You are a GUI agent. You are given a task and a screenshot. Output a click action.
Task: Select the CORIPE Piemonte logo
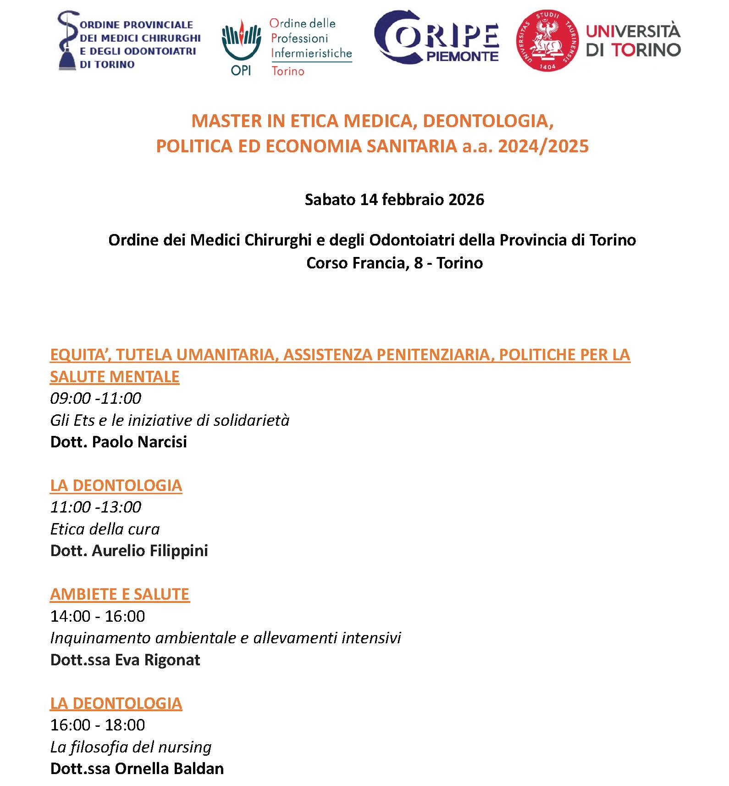(436, 37)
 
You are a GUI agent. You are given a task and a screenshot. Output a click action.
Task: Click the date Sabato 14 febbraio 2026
(394, 200)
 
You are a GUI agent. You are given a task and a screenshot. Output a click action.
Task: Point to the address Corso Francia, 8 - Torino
(394, 263)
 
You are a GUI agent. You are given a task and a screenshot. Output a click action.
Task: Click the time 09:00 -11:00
(95, 398)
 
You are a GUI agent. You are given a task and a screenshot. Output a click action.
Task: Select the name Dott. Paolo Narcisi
(118, 442)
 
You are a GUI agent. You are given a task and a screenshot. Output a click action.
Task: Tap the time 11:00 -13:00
(95, 507)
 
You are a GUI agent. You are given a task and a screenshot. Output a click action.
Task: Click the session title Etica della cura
(105, 529)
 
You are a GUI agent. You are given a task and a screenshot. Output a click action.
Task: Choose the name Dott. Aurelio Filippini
(129, 551)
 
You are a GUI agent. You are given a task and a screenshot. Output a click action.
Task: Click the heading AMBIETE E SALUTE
(120, 594)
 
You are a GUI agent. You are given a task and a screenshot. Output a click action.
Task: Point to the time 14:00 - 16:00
(98, 616)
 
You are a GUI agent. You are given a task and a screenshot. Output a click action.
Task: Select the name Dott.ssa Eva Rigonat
(125, 660)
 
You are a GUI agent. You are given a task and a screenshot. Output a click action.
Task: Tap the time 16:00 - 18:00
(98, 725)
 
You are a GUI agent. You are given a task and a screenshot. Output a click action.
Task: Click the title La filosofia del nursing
(131, 747)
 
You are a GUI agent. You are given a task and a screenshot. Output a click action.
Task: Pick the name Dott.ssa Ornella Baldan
(137, 769)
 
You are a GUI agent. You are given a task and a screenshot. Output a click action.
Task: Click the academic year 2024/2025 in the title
(543, 146)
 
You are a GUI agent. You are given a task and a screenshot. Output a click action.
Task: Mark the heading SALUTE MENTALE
(115, 377)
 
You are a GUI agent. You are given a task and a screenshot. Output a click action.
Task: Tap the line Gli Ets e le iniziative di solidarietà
(170, 420)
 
